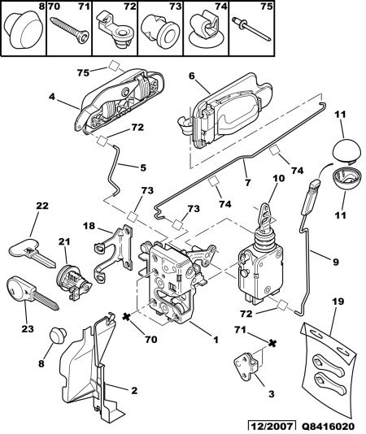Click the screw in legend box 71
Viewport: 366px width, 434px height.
click(70, 30)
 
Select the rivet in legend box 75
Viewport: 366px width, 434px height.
click(252, 29)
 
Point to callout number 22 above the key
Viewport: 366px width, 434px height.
click(42, 206)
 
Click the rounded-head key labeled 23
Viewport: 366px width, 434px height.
click(33, 293)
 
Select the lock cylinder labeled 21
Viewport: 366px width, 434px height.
click(73, 282)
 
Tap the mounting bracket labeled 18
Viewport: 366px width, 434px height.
click(113, 254)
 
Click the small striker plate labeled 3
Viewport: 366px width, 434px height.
click(248, 366)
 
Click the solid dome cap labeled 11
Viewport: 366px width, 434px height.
click(346, 151)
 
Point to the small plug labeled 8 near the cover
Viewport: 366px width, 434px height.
click(58, 334)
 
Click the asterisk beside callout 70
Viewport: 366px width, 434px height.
click(127, 317)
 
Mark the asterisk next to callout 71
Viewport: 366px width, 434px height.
click(272, 344)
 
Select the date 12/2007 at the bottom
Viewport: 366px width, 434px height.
click(272, 426)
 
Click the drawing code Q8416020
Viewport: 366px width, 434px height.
click(328, 427)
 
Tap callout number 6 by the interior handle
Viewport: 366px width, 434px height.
click(192, 76)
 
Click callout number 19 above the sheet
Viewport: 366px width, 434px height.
click(338, 302)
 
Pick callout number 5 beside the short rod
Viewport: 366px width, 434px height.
click(143, 167)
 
